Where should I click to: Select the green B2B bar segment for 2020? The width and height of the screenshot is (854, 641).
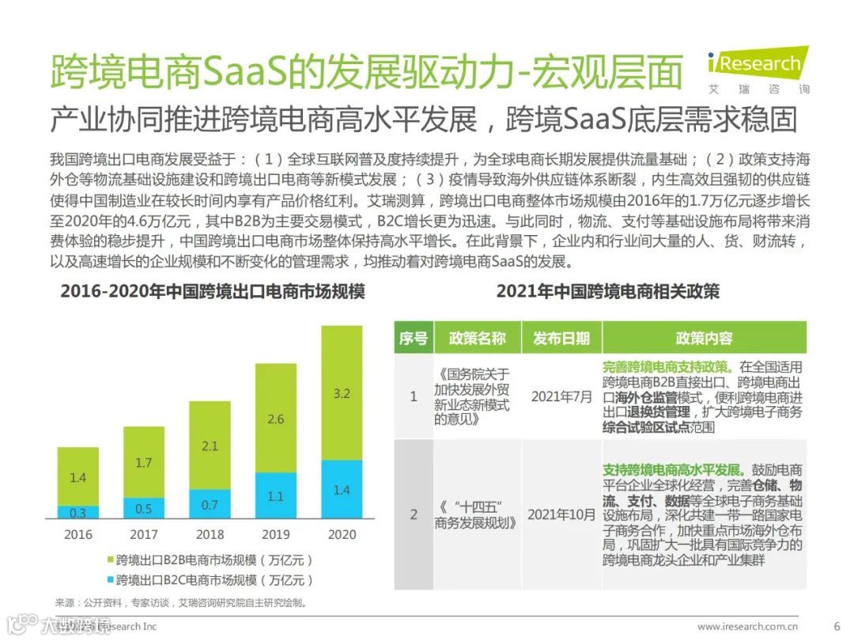(x=341, y=393)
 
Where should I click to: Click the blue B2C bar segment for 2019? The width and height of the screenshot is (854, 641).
(x=276, y=497)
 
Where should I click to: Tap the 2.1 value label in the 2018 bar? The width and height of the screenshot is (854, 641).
(x=210, y=446)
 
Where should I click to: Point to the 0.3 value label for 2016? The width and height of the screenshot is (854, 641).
(x=77, y=513)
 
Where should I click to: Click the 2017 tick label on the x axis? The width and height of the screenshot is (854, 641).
(x=144, y=535)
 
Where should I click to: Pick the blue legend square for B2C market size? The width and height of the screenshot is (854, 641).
(x=108, y=579)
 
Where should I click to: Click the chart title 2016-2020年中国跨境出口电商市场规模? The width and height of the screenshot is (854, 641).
(x=213, y=292)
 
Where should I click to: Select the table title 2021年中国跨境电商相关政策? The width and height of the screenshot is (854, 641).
(x=607, y=292)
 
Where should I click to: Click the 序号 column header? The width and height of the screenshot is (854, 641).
(x=413, y=338)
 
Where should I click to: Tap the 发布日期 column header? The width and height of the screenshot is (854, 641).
(x=561, y=338)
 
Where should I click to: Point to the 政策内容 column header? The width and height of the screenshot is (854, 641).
(x=704, y=338)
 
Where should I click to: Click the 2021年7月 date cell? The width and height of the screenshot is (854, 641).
(x=561, y=396)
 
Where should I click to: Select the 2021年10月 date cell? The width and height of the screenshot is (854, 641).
(x=561, y=514)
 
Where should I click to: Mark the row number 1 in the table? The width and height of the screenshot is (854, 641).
(x=413, y=396)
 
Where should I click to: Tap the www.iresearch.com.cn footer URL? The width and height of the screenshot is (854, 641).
(x=747, y=626)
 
